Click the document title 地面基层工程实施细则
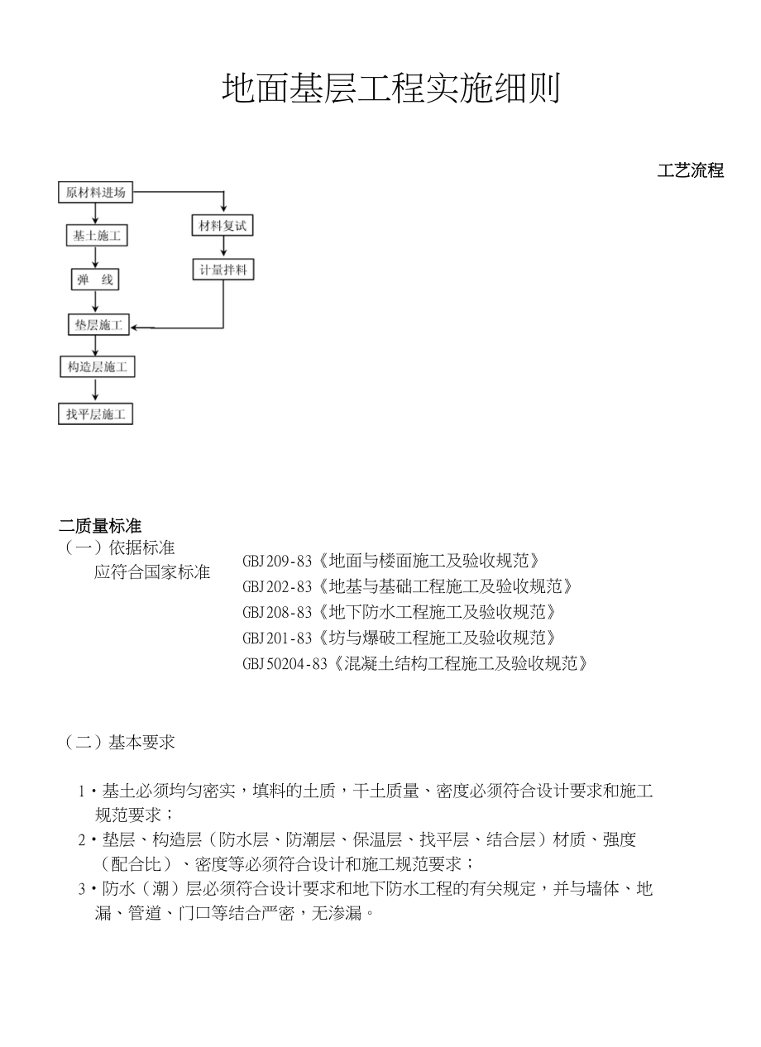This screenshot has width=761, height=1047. click(x=390, y=88)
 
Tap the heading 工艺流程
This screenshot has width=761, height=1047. click(x=691, y=171)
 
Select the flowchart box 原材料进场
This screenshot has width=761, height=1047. click(x=96, y=193)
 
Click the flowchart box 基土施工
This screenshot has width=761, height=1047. click(x=97, y=236)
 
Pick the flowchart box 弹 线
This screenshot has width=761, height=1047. click(x=95, y=280)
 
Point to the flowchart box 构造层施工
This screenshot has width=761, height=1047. click(x=98, y=367)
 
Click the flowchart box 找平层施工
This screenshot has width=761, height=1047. click(x=97, y=414)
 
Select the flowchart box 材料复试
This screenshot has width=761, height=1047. click(x=223, y=225)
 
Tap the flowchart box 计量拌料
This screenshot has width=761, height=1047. click(x=223, y=270)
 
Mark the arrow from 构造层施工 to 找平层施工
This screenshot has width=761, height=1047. click(x=97, y=390)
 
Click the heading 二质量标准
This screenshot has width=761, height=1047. click(x=100, y=526)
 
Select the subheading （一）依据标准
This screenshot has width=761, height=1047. click(x=120, y=547)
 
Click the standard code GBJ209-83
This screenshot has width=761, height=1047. click(x=277, y=562)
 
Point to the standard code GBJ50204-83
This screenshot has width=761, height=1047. click(x=285, y=664)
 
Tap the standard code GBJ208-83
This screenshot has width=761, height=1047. click(x=277, y=613)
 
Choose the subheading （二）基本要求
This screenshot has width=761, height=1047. click(x=120, y=743)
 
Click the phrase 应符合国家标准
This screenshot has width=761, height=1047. click(x=152, y=572)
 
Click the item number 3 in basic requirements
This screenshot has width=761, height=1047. click(x=82, y=890)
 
